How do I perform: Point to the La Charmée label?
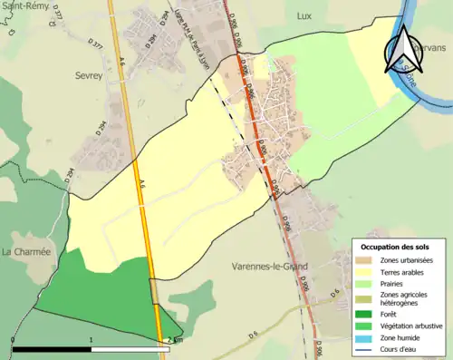tap(25, 251)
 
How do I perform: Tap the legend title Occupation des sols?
tap(395, 247)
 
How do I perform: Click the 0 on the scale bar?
tap(13, 340)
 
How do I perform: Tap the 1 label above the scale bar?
tap(92, 340)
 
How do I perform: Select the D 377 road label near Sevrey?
tap(97, 43)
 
